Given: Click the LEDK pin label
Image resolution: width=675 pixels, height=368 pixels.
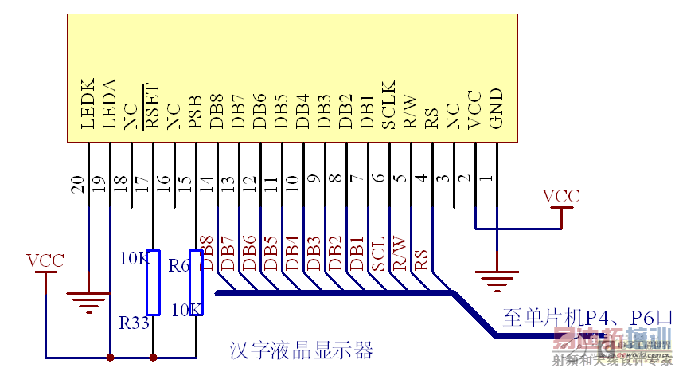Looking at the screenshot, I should [x=88, y=104].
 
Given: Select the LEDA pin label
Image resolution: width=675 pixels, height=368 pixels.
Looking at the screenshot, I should [x=110, y=104].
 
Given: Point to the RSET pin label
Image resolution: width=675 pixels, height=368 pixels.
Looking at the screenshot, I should [x=152, y=106].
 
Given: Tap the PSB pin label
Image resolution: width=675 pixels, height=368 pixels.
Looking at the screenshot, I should [x=195, y=112].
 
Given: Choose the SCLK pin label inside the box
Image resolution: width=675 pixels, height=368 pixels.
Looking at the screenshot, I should [x=388, y=104].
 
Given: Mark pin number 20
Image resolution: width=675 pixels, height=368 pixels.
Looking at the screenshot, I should [x=77, y=185].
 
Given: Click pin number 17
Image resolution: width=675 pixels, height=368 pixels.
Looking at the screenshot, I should [x=142, y=185].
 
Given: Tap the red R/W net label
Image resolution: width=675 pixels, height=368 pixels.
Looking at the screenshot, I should [x=400, y=253].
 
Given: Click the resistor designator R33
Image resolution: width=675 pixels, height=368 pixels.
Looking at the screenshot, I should [x=134, y=323].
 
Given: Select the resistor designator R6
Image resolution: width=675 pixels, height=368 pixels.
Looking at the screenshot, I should [x=179, y=265].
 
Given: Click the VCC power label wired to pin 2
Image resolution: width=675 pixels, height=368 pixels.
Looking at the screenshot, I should [x=560, y=196].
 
